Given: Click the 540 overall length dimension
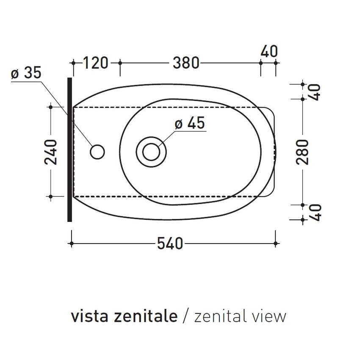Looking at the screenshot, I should [170, 244].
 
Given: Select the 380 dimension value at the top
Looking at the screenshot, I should [186, 63].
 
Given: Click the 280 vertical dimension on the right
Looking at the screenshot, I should [303, 152].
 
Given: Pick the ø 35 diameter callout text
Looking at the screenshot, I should [26, 73].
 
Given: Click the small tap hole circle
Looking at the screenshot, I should [97, 152].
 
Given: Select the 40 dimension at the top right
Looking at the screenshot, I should [269, 51].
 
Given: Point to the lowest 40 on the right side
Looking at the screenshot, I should [316, 212].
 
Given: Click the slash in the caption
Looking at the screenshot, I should [186, 316].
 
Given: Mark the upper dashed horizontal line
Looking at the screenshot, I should [169, 108].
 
